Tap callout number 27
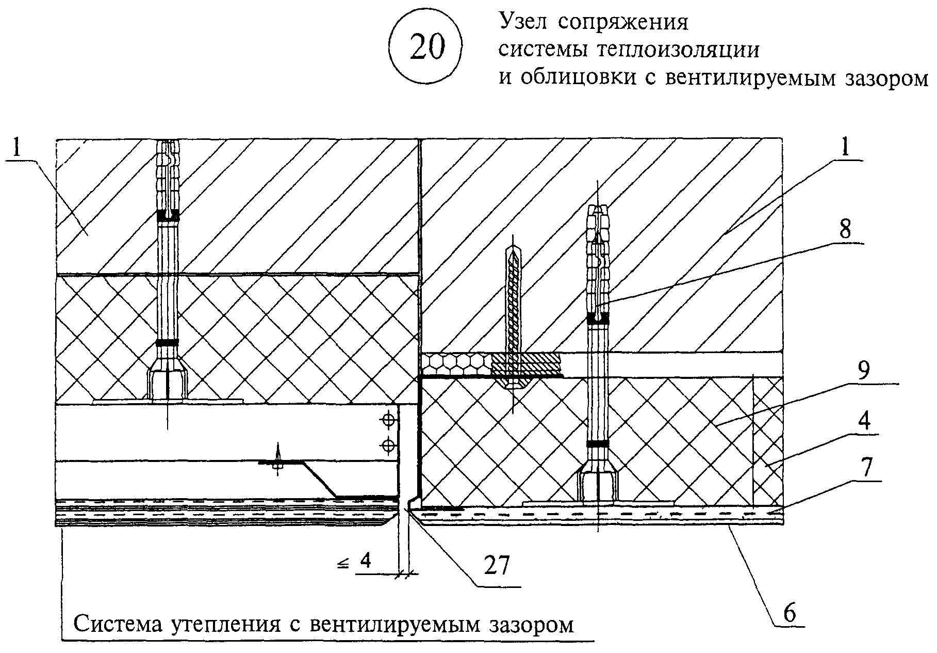(x=496, y=566)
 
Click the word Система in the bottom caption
(x=117, y=624)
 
